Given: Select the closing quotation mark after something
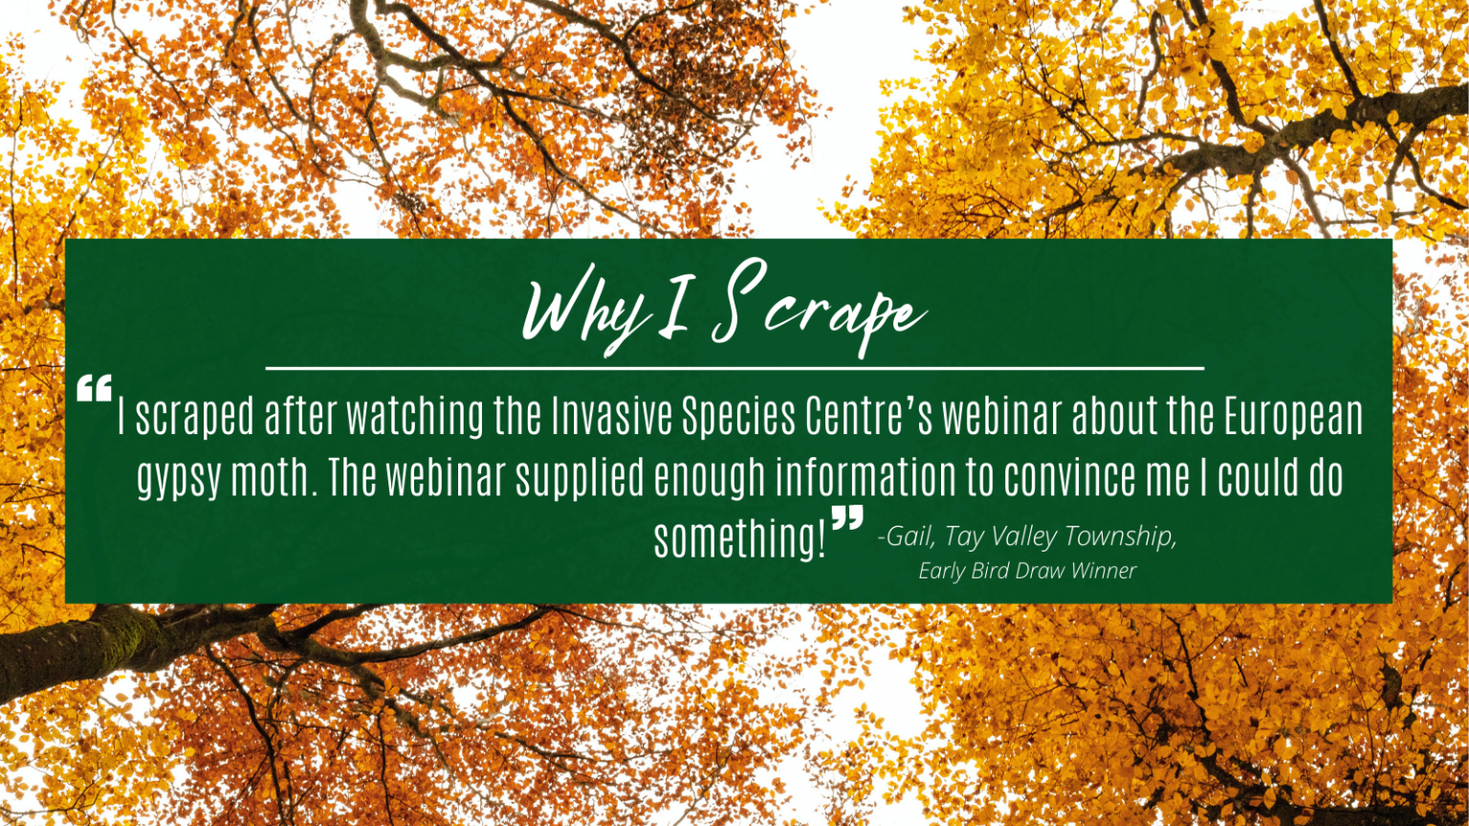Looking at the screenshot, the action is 847,518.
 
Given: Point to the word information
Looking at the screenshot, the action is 866,477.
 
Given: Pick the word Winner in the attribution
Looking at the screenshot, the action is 1104,571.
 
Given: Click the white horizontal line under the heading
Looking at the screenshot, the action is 734,368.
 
